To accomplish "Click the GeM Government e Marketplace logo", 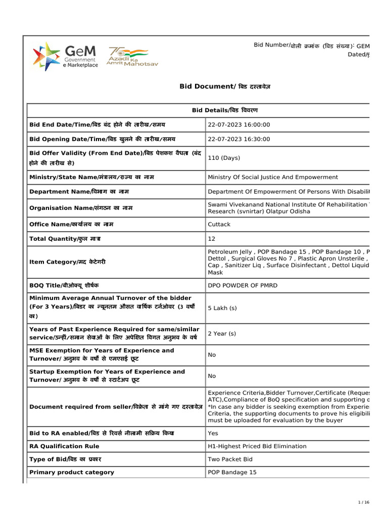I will coord(65,57).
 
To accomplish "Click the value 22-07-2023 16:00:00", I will coord(239,125).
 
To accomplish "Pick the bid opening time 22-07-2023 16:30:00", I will coord(239,139).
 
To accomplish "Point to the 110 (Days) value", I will coord(224,158).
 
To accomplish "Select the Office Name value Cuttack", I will coord(219,224).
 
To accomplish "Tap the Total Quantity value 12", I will coord(211,238).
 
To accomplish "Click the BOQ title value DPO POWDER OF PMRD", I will coord(243,285).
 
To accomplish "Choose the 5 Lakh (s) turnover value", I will coord(222,308).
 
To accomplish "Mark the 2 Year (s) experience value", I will coord(222,334).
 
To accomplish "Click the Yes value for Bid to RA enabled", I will coord(212,434).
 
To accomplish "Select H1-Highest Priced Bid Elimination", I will coord(257,447).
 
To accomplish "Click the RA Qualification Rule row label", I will coord(64,447).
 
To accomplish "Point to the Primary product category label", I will coord(72,472).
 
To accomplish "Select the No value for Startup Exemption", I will coord(212,376).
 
